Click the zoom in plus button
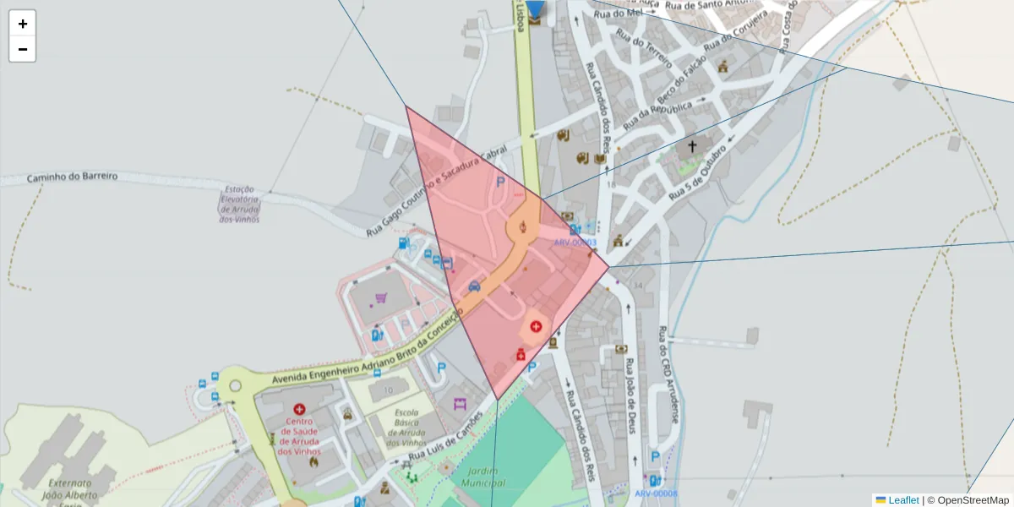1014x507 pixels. coord(22,24)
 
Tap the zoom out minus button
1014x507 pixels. coord(22,49)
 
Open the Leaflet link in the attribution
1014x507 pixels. coord(902,500)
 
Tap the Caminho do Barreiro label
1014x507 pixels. coord(72,177)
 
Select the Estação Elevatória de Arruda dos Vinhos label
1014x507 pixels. coord(239,204)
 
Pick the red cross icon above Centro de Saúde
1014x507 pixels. coord(299,409)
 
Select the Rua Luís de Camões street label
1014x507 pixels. coord(445,437)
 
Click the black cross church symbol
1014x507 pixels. coord(692,146)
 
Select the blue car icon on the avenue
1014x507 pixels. coord(474,286)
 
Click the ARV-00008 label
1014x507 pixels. coord(656,493)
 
